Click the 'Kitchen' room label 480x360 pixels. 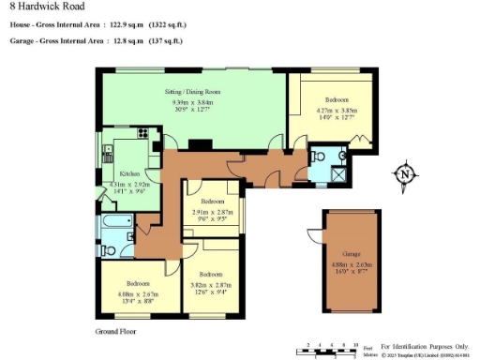(129, 174)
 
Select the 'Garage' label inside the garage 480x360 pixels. (351, 254)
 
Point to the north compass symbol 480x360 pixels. (404, 174)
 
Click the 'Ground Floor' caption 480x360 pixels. (117, 332)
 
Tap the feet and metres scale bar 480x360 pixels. (333, 351)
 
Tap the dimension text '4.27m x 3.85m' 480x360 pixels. (337, 110)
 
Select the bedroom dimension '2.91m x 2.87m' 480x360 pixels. (212, 212)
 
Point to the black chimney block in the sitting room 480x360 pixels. (200, 145)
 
